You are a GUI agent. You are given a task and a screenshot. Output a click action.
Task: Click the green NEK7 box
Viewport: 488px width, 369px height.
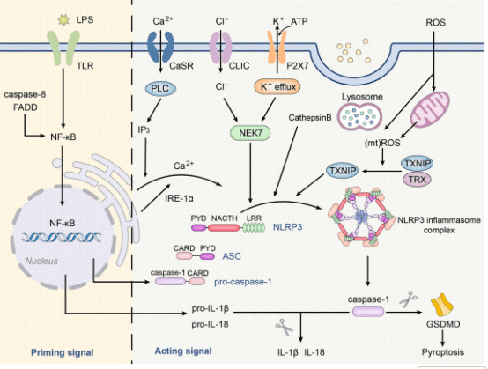pos(252,131)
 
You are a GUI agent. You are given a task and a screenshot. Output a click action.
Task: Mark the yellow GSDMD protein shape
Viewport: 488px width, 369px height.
pos(446,304)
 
